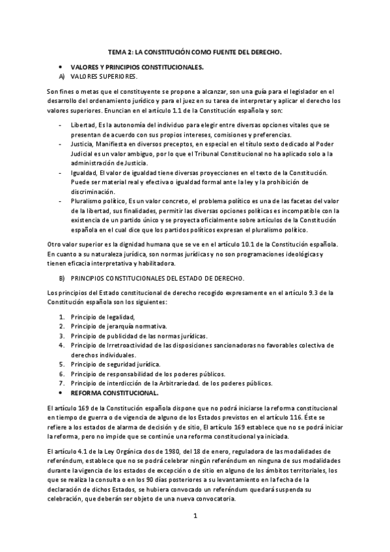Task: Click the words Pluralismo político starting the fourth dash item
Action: pos(98,202)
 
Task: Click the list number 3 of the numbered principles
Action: pos(62,335)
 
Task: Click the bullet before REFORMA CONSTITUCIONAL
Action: pos(61,393)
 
